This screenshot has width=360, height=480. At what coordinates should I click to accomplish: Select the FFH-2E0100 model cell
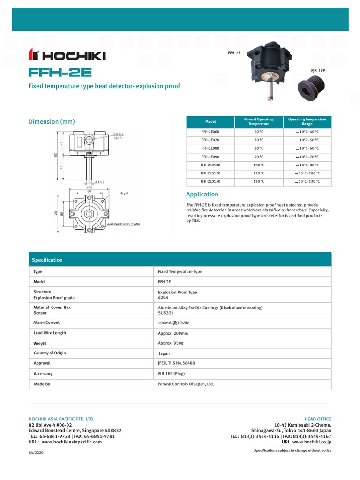[x=210, y=165]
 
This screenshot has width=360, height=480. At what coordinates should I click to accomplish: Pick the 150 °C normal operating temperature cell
[x=259, y=181]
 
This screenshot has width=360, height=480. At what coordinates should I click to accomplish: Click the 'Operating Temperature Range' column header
[x=307, y=122]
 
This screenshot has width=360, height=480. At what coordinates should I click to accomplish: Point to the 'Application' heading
[x=202, y=194]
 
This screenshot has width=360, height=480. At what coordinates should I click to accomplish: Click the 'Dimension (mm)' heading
[x=52, y=122]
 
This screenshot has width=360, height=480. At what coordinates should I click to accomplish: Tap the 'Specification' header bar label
[x=47, y=260]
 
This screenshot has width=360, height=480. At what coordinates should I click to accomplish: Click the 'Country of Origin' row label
[x=50, y=353]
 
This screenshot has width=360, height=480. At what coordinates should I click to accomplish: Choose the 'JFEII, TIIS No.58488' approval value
[x=177, y=363]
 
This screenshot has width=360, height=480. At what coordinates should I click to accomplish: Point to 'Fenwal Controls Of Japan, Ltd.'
[x=186, y=384]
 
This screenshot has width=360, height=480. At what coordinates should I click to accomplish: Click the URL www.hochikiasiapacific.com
[x=71, y=442]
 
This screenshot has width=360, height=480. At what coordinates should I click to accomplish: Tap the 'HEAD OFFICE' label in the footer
[x=318, y=419]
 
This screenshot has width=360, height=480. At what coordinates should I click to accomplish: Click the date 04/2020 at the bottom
[x=36, y=453]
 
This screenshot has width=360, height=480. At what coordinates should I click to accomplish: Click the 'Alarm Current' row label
[x=46, y=322]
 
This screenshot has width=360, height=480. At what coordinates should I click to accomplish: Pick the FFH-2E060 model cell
[x=210, y=132]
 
